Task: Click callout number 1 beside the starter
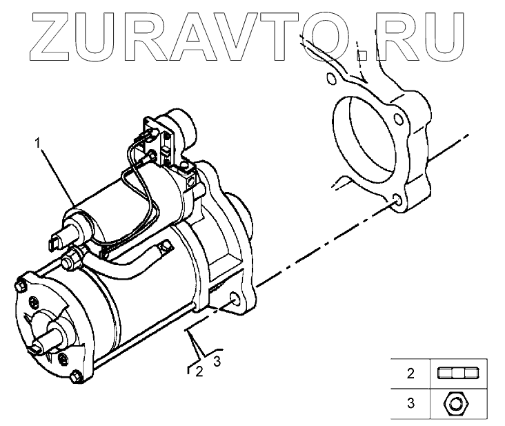point(39,144)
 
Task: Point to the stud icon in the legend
point(457,374)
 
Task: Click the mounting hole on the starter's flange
point(237,300)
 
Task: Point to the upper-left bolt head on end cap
point(19,284)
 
